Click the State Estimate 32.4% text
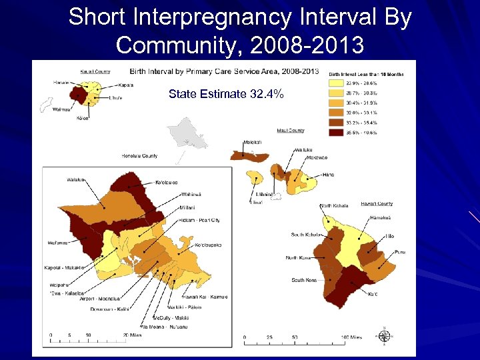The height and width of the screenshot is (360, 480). [226, 94]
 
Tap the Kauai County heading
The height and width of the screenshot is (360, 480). [95, 71]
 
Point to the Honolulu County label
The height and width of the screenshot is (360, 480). [139, 156]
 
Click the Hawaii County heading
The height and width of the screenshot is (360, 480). [377, 203]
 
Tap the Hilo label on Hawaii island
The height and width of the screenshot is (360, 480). [389, 236]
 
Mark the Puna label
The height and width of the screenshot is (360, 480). [399, 252]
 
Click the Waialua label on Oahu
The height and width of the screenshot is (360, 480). [76, 179]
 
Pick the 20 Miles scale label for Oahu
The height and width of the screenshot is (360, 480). [131, 335]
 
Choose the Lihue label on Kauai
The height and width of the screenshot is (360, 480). [115, 97]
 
